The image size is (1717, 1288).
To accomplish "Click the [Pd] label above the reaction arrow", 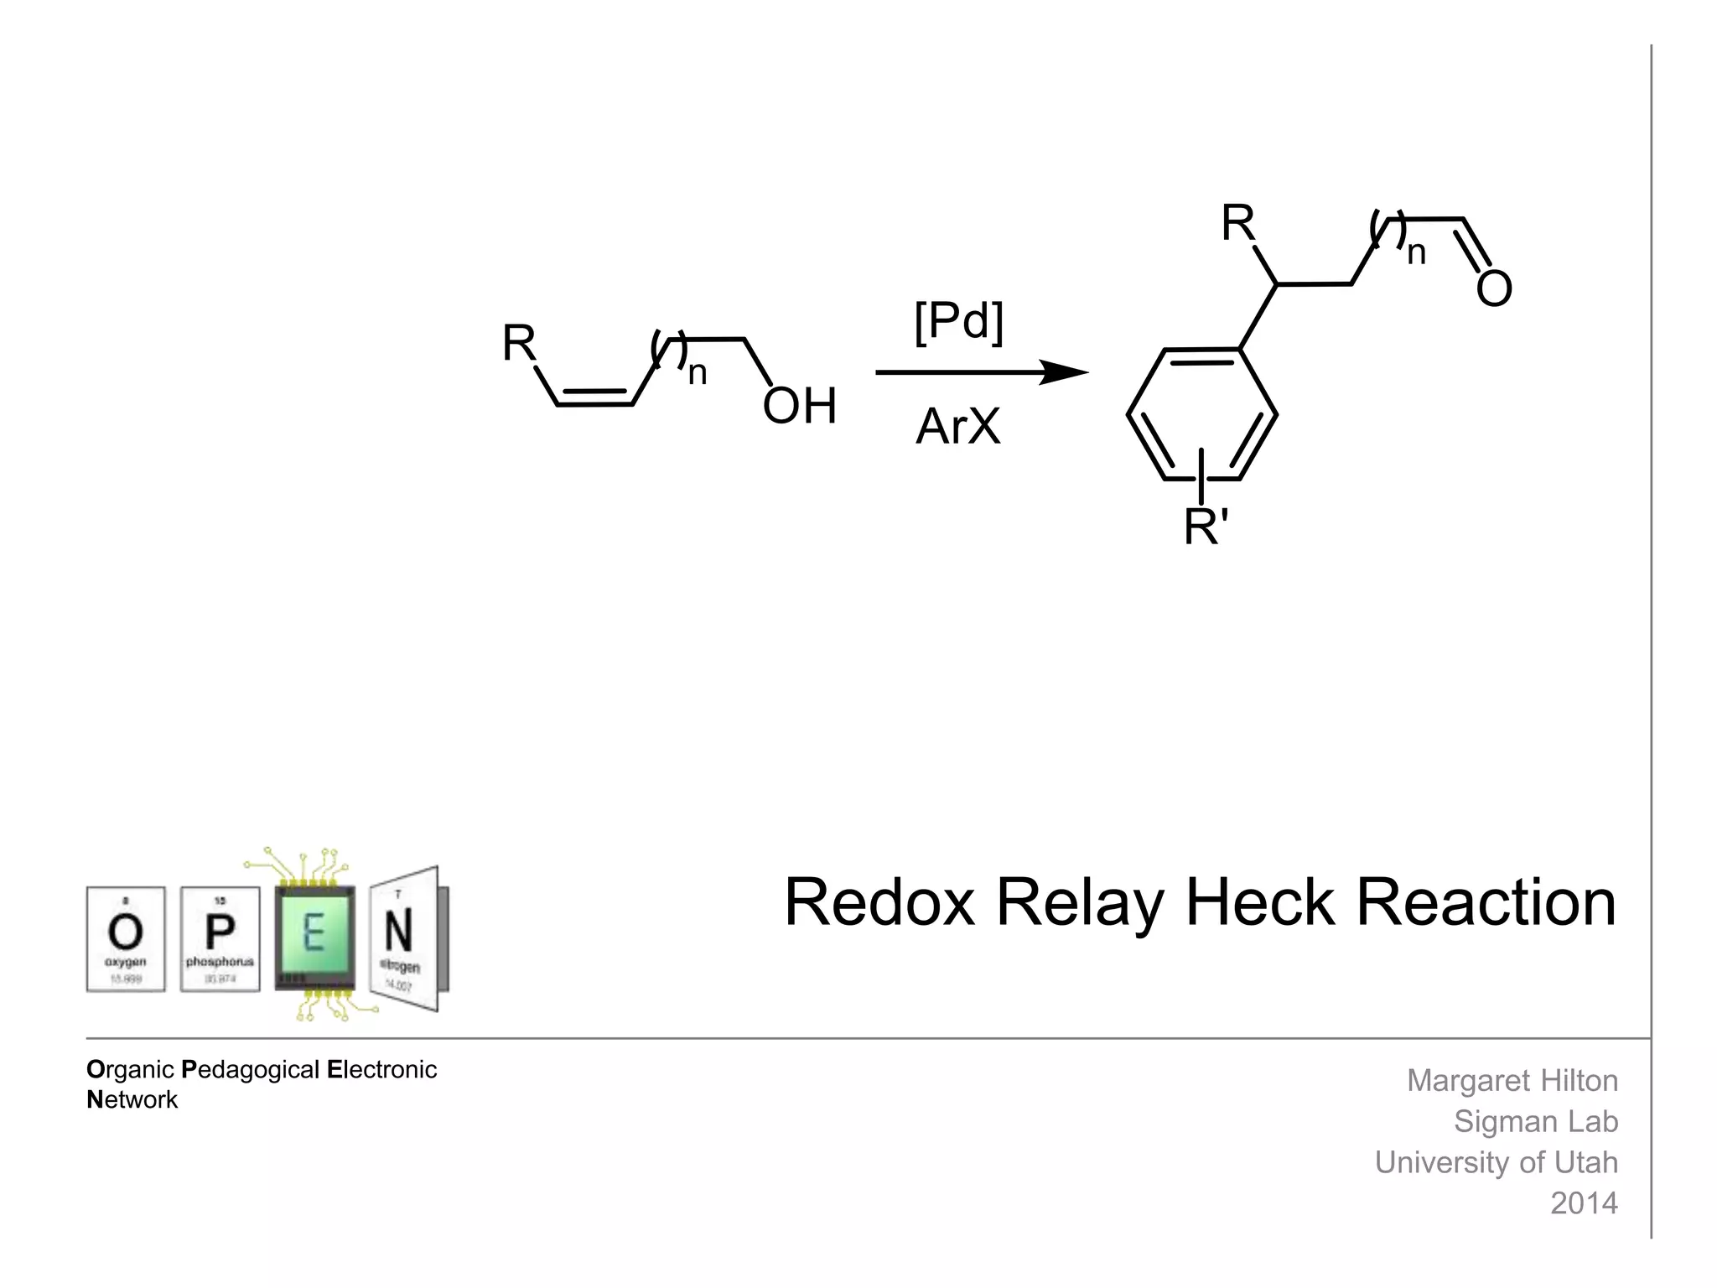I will [x=958, y=320].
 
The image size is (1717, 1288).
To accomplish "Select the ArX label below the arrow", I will [x=957, y=426].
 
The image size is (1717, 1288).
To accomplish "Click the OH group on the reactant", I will [x=799, y=407].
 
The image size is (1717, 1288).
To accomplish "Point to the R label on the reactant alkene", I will [x=518, y=343].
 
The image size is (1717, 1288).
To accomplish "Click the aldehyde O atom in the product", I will [x=1493, y=289].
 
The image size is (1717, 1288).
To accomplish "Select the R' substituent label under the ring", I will [x=1206, y=527].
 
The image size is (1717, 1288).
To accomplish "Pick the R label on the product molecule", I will [x=1237, y=223].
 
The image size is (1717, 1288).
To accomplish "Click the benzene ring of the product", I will [x=1201, y=413].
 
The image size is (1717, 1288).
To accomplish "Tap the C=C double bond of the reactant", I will [x=594, y=398].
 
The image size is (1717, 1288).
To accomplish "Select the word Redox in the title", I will [x=879, y=903].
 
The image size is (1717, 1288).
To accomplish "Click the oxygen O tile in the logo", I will [x=126, y=938].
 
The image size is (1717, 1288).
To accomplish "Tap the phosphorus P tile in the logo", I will [x=220, y=938].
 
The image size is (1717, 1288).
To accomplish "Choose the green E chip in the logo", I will [x=314, y=937].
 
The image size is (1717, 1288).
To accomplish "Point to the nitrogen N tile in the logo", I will [x=404, y=938].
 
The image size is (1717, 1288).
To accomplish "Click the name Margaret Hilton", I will [x=1512, y=1081].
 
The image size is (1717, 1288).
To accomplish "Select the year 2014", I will [x=1583, y=1203].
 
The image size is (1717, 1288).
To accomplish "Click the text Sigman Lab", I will [x=1535, y=1122].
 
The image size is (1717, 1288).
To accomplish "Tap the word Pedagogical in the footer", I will [x=251, y=1070].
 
